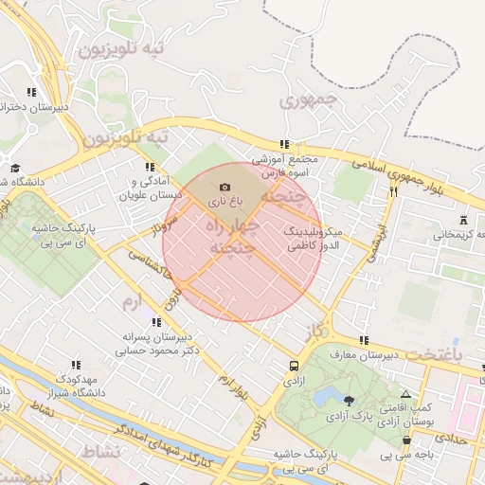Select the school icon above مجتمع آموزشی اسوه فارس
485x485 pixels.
[x=283, y=144]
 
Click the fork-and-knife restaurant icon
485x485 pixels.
[x=393, y=190]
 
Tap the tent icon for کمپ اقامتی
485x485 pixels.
[x=406, y=394]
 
